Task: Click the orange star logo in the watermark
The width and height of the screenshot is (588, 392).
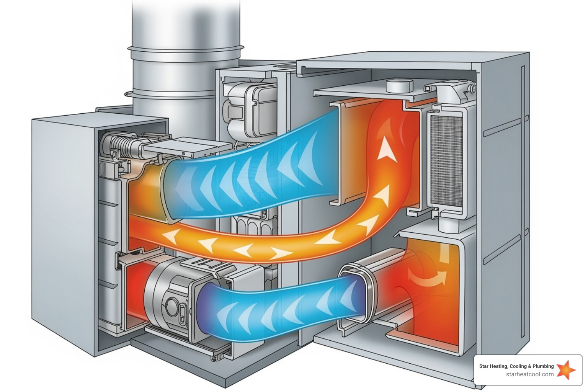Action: click(565, 370)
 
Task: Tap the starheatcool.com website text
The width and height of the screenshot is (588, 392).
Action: click(529, 374)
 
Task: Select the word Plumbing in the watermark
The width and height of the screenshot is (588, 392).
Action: click(543, 366)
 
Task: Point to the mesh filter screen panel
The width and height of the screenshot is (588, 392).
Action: click(446, 161)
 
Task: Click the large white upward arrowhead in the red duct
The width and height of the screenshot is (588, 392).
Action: click(387, 149)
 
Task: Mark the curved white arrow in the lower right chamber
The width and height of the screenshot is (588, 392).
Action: click(427, 278)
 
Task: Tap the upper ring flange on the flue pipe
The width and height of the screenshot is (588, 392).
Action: click(186, 50)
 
